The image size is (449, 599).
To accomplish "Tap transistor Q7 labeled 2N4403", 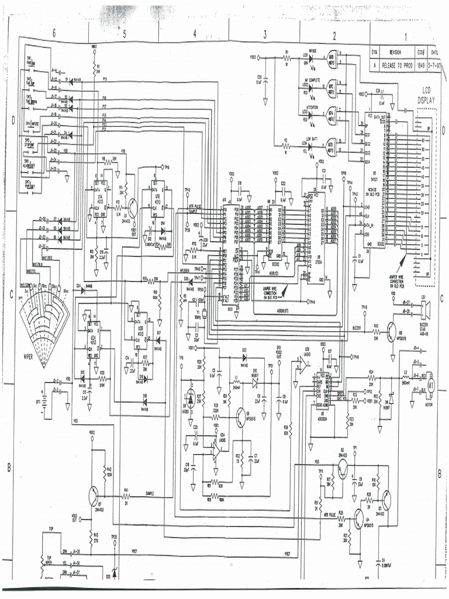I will tap(95, 495).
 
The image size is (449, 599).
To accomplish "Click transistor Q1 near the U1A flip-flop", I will tap(134, 208).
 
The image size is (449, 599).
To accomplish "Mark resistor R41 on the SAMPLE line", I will tap(126, 495).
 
